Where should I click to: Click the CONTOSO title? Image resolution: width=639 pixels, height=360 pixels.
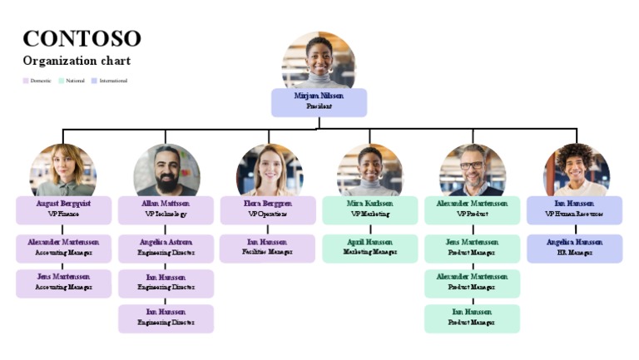(82, 38)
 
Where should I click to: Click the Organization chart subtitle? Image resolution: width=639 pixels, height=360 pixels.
(77, 61)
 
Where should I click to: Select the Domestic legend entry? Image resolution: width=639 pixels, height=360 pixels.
(37, 81)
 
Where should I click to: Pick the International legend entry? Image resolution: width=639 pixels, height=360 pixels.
(110, 81)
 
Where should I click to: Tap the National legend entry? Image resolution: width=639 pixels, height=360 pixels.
(72, 81)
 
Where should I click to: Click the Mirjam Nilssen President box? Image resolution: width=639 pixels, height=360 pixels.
(319, 101)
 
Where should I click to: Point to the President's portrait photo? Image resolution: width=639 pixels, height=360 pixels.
(319, 61)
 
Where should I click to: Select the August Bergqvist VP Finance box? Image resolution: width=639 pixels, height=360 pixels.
(63, 209)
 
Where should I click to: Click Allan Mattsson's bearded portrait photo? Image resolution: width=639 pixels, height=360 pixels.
(166, 170)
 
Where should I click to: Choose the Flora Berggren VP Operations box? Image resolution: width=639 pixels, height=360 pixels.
(268, 209)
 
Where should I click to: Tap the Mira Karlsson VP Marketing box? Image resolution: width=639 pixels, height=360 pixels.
(370, 209)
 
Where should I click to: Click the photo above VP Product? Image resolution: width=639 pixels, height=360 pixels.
(473, 170)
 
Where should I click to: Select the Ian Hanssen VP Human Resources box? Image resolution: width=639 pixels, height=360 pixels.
(574, 209)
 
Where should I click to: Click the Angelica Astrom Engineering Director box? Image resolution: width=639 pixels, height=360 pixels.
(166, 248)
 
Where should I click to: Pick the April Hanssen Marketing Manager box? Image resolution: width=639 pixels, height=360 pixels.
(370, 248)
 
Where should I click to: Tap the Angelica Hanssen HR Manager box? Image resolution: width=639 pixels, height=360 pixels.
(574, 248)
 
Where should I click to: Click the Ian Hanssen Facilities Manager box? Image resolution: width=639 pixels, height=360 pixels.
(268, 248)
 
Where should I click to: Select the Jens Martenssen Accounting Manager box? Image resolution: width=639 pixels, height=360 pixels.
(63, 283)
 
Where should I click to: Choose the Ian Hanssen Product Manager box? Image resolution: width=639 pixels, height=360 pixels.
(473, 318)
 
